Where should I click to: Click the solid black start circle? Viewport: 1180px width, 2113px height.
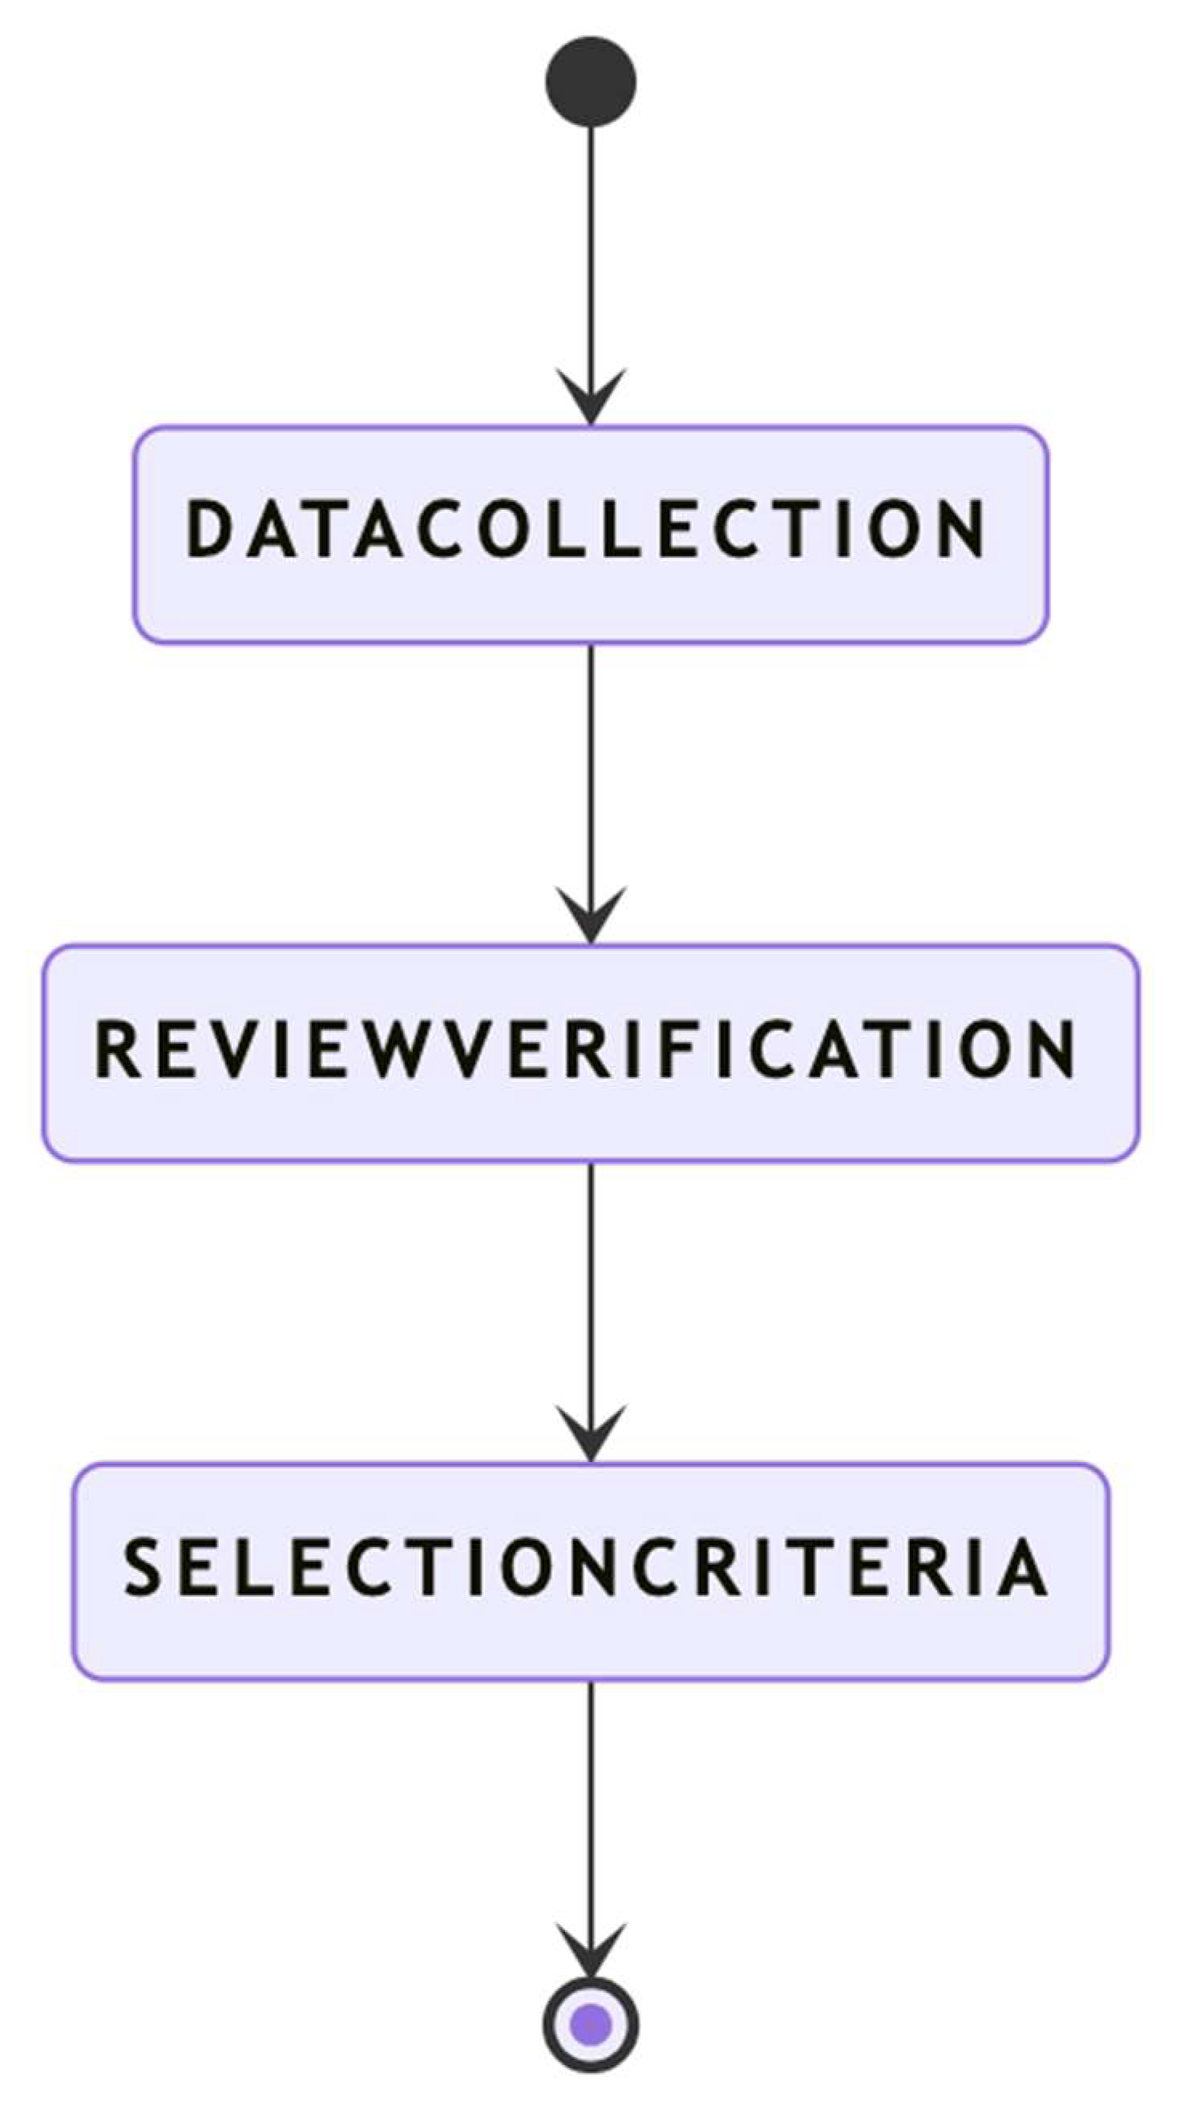[x=590, y=81]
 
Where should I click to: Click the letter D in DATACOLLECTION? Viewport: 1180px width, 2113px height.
[x=206, y=529]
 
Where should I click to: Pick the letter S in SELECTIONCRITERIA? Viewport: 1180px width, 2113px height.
[x=142, y=1566]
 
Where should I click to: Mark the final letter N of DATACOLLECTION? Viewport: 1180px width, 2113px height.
[x=962, y=529]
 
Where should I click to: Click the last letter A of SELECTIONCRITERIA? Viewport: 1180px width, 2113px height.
[x=1023, y=1566]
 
